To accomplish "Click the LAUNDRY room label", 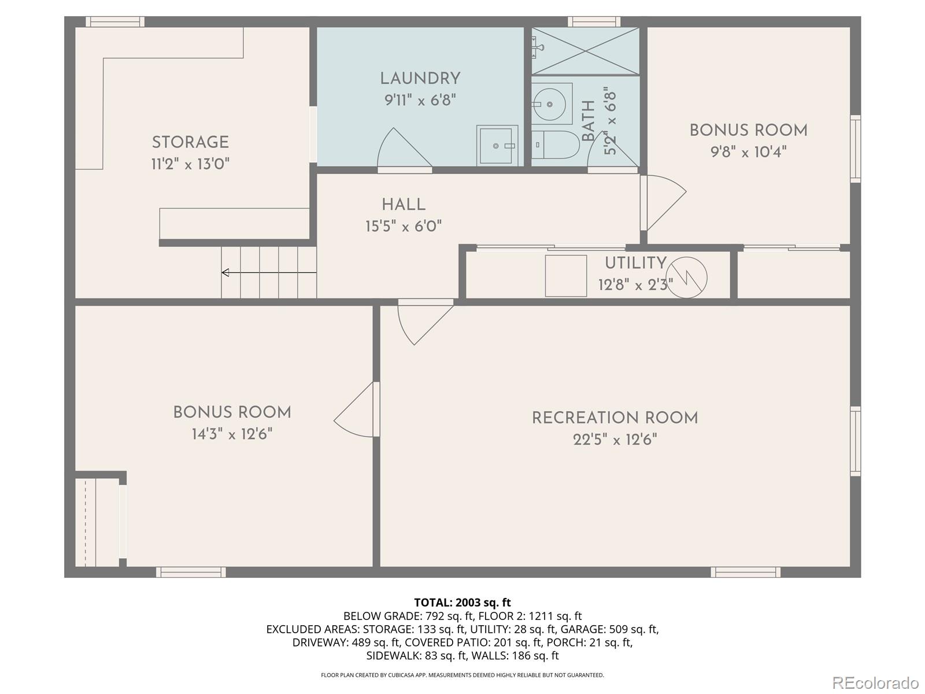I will [420, 79].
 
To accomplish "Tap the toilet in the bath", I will [555, 145].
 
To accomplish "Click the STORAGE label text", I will [190, 142].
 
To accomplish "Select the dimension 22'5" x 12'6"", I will [615, 440].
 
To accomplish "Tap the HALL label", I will [404, 204].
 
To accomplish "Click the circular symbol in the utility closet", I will [686, 277].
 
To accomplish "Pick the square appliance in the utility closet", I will [566, 276].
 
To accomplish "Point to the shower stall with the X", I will [585, 51].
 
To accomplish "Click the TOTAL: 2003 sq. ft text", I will [462, 603].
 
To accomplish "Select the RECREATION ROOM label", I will [615, 418].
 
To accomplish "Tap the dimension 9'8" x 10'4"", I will [748, 152].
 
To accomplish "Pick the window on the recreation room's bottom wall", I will [745, 572].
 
